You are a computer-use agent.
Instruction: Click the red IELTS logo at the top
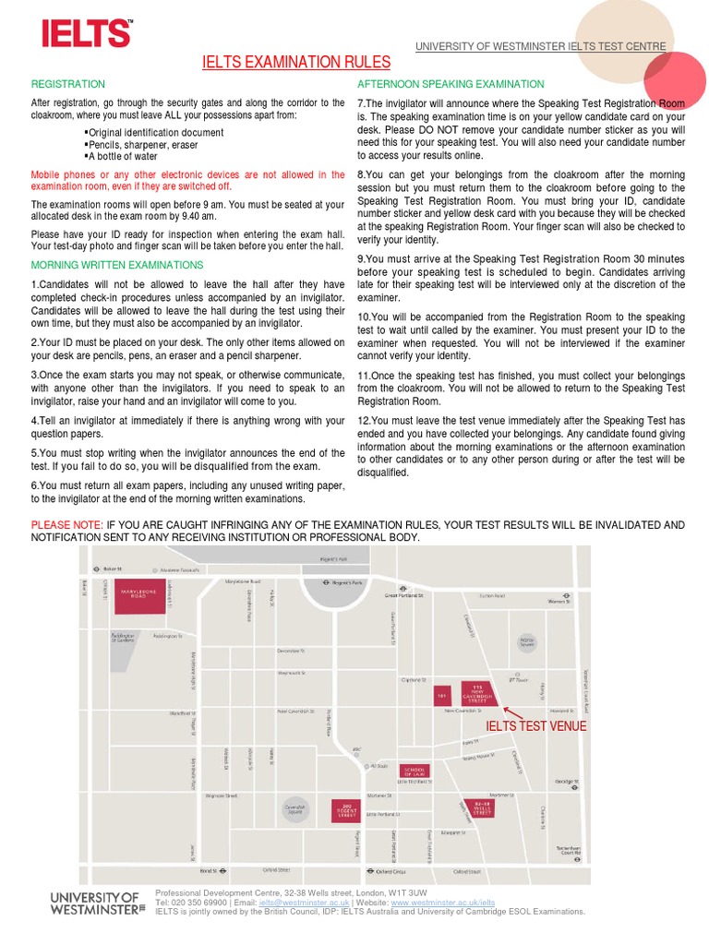[x=86, y=34]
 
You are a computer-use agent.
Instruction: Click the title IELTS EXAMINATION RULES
[x=296, y=63]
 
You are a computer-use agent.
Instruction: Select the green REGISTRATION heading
[x=68, y=84]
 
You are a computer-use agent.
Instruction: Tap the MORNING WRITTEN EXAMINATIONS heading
[x=117, y=265]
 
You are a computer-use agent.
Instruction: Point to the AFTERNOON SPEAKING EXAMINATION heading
[x=451, y=84]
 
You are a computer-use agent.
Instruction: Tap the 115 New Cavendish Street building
[x=477, y=694]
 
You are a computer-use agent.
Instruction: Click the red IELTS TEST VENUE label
[x=536, y=726]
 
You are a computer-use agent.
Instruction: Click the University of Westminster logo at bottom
[x=97, y=902]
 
